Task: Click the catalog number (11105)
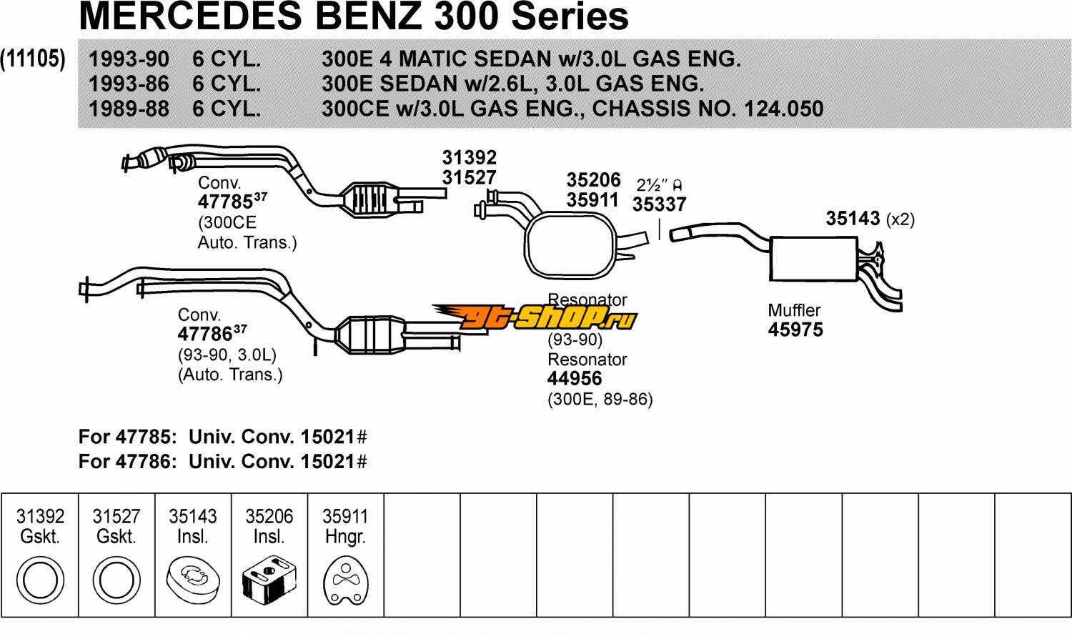point(33,59)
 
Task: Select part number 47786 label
point(206,334)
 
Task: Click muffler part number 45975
point(795,330)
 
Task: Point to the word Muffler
point(794,310)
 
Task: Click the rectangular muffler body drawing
point(813,258)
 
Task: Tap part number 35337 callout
point(659,204)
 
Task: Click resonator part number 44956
point(575,379)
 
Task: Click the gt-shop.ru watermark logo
point(534,317)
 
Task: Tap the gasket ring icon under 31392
point(39,580)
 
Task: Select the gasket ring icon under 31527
point(116,580)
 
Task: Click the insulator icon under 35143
point(192,579)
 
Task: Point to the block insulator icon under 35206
point(269,580)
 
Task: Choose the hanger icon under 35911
point(345,580)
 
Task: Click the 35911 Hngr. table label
point(345,526)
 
